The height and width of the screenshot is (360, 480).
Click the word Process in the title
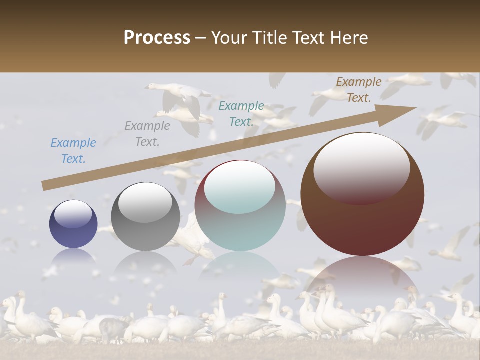(x=157, y=38)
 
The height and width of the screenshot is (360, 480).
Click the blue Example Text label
(x=73, y=150)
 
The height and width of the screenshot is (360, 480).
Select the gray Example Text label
(x=147, y=133)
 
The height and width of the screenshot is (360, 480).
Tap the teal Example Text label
(x=241, y=113)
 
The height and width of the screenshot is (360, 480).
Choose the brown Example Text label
(x=359, y=89)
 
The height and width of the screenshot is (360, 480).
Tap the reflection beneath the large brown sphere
(x=362, y=275)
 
